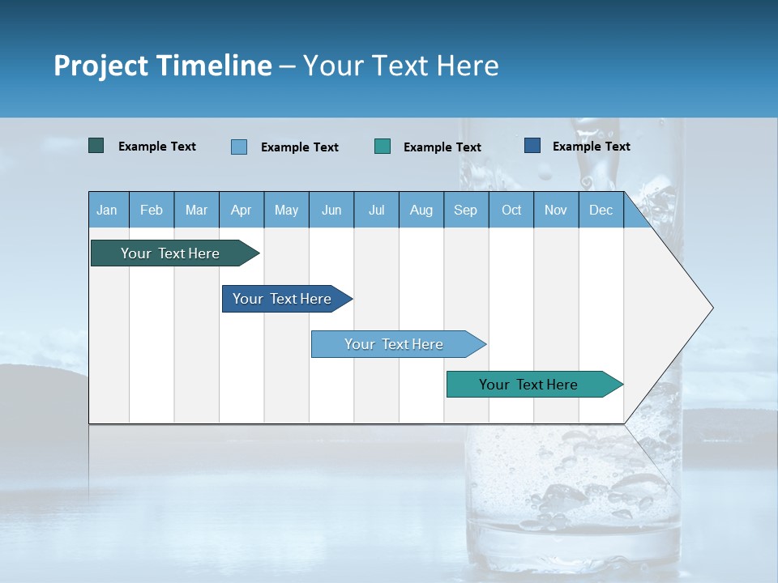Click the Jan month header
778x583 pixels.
point(107,210)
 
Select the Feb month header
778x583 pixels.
point(152,210)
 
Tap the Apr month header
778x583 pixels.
point(241,210)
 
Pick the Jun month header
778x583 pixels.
point(331,210)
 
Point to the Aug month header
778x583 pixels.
point(421,210)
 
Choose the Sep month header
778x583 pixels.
point(465,210)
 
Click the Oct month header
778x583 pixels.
point(511,210)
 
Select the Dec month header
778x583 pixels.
point(601,210)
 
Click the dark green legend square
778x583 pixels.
point(96,146)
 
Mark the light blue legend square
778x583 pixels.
point(239,147)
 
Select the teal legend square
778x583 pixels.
point(383,146)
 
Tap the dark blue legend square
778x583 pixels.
point(532,146)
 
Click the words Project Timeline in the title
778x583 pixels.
point(162,66)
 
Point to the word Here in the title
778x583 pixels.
point(468,66)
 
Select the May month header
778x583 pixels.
point(286,210)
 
